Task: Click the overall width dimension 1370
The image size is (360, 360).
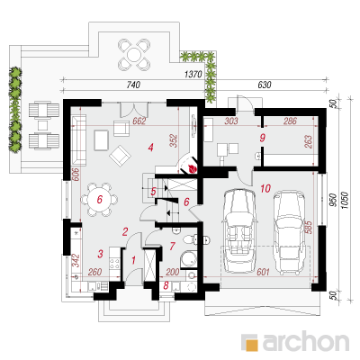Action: tap(193, 74)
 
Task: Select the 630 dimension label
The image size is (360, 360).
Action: tap(265, 85)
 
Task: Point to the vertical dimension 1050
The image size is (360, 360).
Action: tap(346, 202)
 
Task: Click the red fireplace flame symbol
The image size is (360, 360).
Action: tap(192, 168)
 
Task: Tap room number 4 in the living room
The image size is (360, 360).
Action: tap(150, 148)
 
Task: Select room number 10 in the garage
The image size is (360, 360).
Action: tap(265, 189)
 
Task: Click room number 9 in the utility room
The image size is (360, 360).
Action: tap(263, 138)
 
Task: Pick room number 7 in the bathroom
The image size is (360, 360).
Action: tap(172, 247)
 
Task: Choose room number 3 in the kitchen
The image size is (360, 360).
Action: tap(100, 254)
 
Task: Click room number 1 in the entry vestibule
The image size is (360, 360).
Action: tap(134, 260)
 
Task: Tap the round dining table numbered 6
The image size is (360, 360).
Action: tap(100, 200)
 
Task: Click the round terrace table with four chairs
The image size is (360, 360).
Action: tap(134, 54)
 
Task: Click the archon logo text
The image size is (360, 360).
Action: tap(306, 341)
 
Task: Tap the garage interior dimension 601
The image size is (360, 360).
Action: tap(263, 272)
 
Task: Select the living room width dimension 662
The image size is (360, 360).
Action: tap(139, 121)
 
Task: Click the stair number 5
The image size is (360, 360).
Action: tap(153, 192)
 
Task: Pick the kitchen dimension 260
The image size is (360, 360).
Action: tap(94, 272)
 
